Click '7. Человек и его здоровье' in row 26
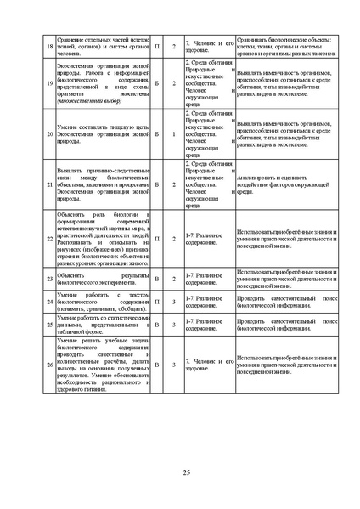(208, 365)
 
